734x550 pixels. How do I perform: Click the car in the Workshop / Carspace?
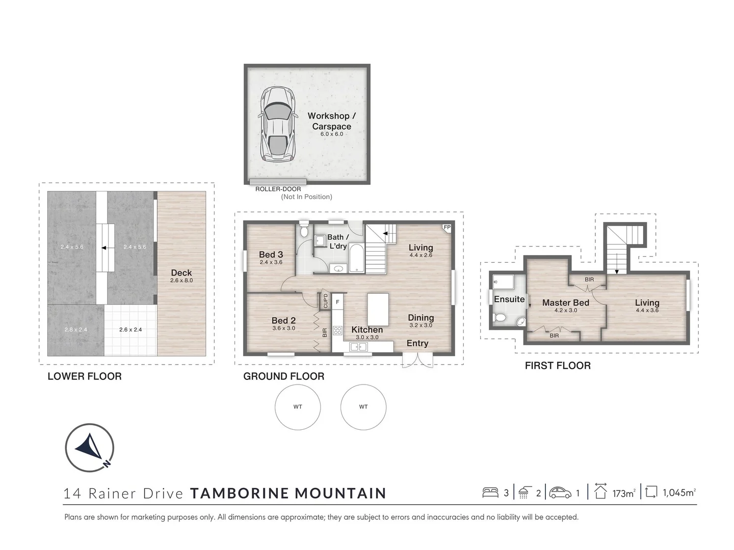click(x=278, y=124)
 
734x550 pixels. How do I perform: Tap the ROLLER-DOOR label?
click(x=278, y=189)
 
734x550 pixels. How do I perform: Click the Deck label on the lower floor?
click(x=181, y=272)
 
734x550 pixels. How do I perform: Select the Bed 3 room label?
click(x=271, y=255)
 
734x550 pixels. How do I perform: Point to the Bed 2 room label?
click(x=283, y=321)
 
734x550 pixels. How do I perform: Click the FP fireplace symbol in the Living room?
click(x=447, y=228)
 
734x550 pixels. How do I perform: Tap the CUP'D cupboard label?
click(x=325, y=300)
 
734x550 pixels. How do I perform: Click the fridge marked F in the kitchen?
click(x=338, y=302)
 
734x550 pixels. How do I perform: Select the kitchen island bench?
click(x=378, y=310)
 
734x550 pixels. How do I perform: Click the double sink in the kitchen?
click(x=358, y=347)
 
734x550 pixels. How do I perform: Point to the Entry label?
click(x=417, y=343)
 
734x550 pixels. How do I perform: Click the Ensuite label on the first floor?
click(x=509, y=299)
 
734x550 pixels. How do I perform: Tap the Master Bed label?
click(x=565, y=302)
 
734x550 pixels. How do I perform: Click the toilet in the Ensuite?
click(x=500, y=317)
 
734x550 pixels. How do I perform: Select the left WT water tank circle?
click(x=298, y=407)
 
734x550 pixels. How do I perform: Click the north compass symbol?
click(x=90, y=448)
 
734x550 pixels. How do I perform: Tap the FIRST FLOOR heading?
click(x=558, y=366)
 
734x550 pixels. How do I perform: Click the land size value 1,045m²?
click(x=679, y=493)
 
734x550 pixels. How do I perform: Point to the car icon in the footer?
click(x=560, y=492)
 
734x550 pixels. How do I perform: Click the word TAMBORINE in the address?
click(x=240, y=493)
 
